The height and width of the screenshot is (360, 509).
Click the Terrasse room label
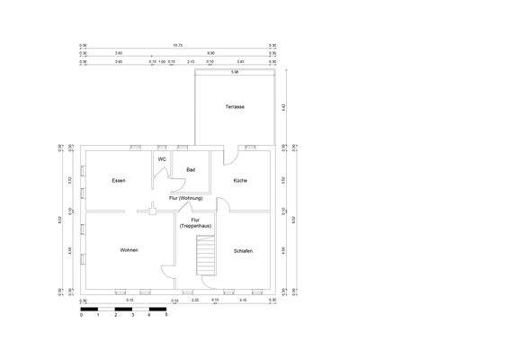point(235,107)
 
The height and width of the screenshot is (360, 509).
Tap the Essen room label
point(119,181)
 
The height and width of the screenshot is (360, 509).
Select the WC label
point(162,159)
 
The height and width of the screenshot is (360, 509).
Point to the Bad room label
point(191,169)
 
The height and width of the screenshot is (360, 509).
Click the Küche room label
point(240,181)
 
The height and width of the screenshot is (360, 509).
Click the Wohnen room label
point(129,249)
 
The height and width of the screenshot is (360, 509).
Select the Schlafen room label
point(243,250)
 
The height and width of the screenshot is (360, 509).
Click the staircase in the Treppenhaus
point(207,257)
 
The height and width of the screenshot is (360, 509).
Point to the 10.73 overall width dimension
point(177,44)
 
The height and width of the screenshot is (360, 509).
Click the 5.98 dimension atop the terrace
point(234,71)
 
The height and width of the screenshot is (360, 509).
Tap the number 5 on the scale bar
point(166,316)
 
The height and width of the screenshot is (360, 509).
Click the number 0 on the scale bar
point(82,316)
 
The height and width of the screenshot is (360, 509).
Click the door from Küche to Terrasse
point(229,155)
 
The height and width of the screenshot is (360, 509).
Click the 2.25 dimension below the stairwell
point(194,300)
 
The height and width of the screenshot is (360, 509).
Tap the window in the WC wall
point(161,146)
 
